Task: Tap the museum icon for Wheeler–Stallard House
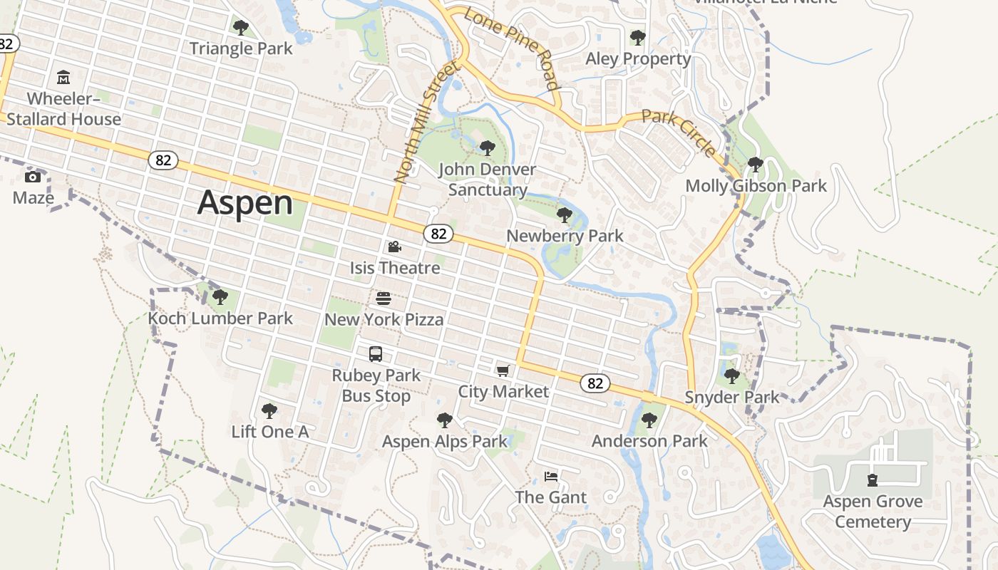63,77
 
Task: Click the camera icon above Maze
33,177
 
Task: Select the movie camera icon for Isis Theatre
394,247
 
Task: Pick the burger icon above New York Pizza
384,298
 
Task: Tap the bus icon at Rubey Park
376,354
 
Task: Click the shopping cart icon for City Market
503,370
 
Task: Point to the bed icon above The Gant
551,476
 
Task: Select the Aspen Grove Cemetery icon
872,480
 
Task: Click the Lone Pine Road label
510,48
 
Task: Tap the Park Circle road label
679,133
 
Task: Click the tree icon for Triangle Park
241,28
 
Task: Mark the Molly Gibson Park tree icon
756,165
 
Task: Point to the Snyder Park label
732,397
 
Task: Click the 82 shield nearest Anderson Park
595,383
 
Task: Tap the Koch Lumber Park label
220,318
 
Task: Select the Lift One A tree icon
269,410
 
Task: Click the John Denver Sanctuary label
488,180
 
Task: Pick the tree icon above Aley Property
638,37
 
